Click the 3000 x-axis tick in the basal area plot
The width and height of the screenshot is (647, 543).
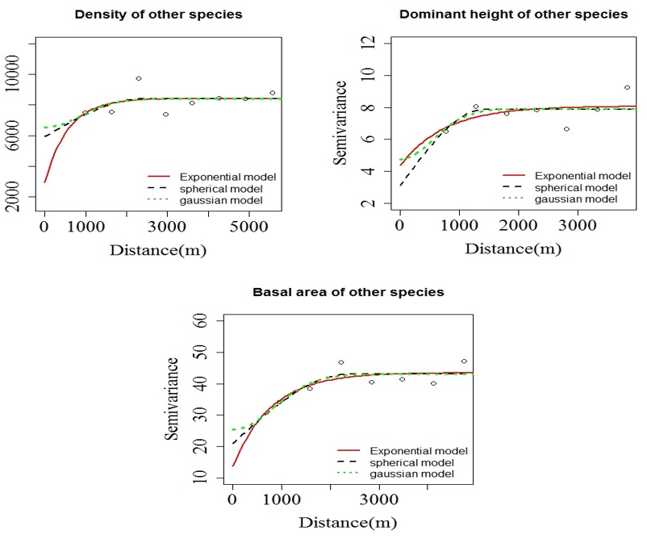[x=381, y=500]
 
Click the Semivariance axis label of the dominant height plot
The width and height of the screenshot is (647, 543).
[x=343, y=122]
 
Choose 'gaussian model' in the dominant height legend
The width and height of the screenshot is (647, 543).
[x=570, y=198]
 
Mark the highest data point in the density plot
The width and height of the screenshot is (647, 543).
[x=139, y=78]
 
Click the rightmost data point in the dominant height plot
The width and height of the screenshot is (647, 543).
[x=627, y=87]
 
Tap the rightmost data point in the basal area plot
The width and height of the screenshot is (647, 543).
[x=464, y=361]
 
